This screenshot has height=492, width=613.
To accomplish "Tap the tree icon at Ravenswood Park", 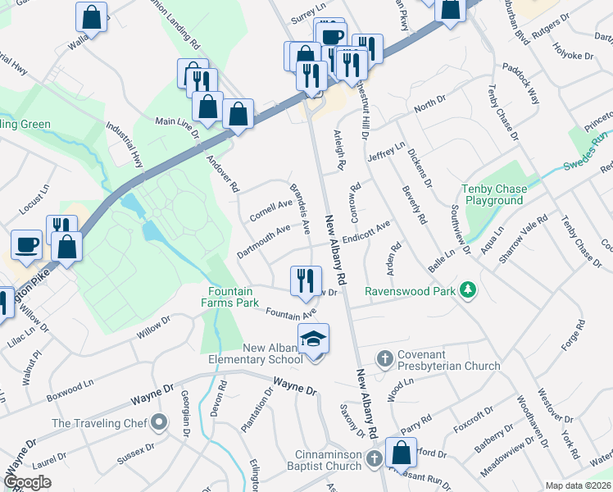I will point(467,289).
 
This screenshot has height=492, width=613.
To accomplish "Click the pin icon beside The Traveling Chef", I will point(158,423).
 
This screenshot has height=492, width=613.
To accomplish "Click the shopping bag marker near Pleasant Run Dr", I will point(401,453).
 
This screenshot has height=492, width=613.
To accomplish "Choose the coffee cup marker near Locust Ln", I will point(26,244).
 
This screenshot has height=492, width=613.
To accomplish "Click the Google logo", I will point(27,482).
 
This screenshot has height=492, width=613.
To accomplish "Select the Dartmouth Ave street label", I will point(262,239).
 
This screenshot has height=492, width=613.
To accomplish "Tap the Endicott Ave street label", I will point(366,232).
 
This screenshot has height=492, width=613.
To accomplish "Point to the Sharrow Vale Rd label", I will point(524,235).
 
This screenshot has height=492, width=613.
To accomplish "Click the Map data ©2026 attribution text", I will point(578,485).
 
